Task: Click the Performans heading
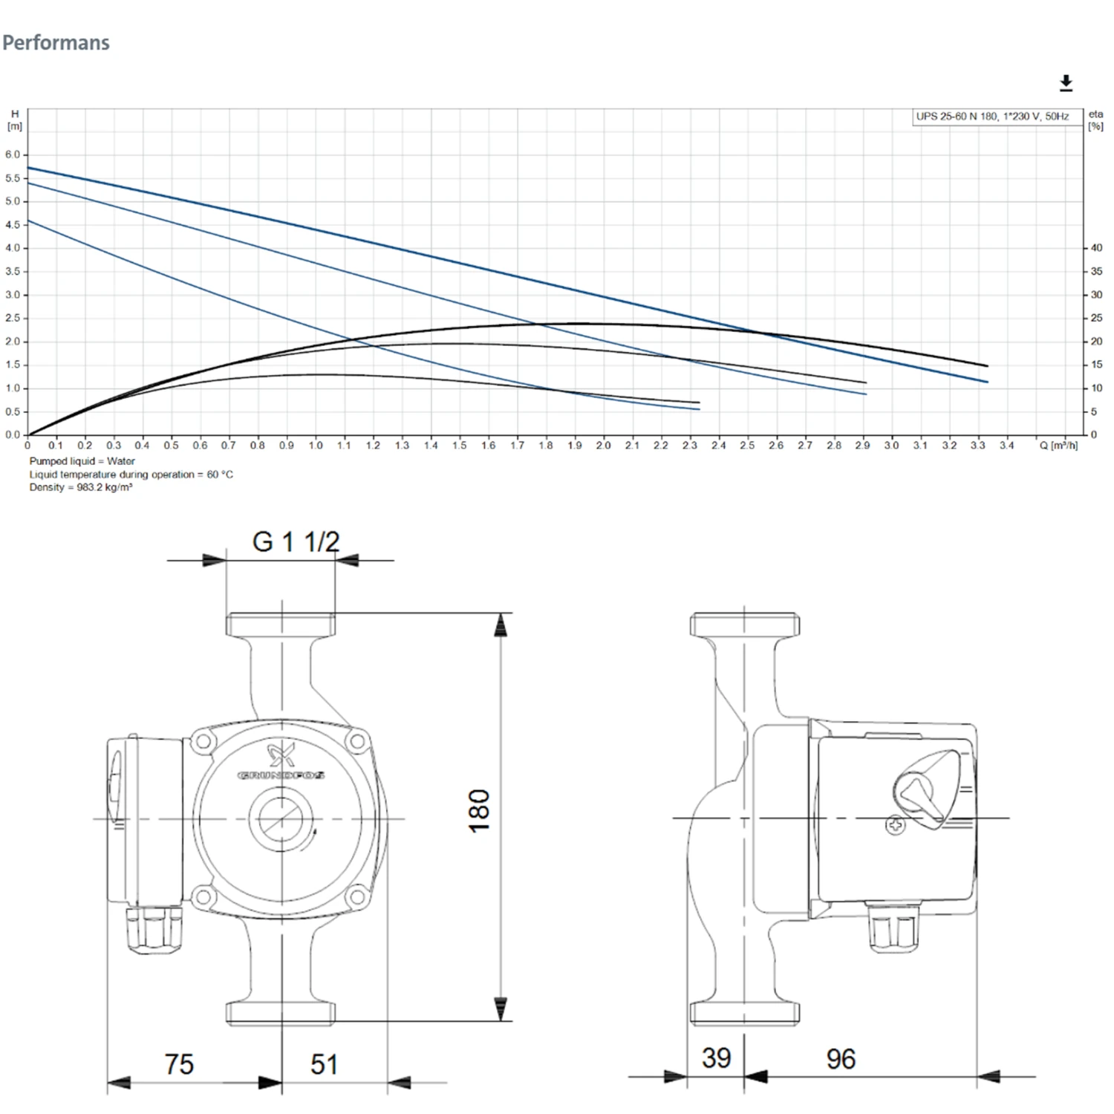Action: pyautogui.click(x=56, y=43)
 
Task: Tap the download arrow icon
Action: pyautogui.click(x=1066, y=83)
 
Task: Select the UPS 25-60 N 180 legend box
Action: pyautogui.click(x=992, y=117)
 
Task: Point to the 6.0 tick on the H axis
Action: pyautogui.click(x=13, y=154)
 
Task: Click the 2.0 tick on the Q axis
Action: pyautogui.click(x=603, y=446)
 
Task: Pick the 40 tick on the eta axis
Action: pyautogui.click(x=1096, y=248)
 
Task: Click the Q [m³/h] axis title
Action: pyautogui.click(x=1058, y=446)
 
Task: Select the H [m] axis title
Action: pyautogui.click(x=15, y=120)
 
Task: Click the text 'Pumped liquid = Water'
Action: pyautogui.click(x=82, y=461)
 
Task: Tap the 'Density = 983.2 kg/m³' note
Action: pyautogui.click(x=81, y=487)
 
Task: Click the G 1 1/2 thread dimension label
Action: pyautogui.click(x=296, y=542)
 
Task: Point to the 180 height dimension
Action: pyautogui.click(x=480, y=810)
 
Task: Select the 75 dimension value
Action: pyautogui.click(x=179, y=1064)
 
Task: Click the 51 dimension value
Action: pyautogui.click(x=324, y=1064)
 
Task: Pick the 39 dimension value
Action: pyautogui.click(x=716, y=1058)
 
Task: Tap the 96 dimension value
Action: pyautogui.click(x=841, y=1059)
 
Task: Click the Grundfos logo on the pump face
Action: pyautogui.click(x=281, y=761)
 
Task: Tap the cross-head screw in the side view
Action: pyautogui.click(x=896, y=825)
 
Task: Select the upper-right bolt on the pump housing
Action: pyautogui.click(x=357, y=740)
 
